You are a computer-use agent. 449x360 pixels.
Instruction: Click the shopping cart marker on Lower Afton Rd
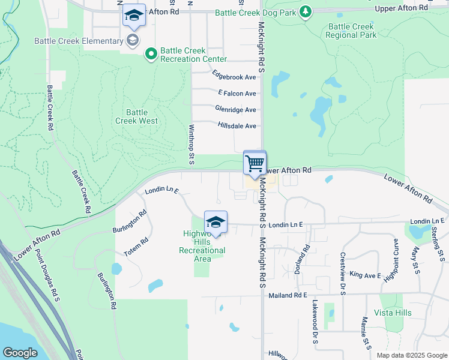(255, 163)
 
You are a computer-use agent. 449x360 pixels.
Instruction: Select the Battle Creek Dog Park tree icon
(306, 11)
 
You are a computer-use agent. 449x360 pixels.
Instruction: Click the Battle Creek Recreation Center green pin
(150, 55)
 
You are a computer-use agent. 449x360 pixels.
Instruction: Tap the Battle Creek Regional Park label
(351, 31)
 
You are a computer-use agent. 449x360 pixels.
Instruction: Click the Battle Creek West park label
(137, 116)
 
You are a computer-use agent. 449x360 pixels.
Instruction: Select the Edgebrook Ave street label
(234, 77)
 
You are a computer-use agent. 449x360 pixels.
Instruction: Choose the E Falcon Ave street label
(237, 94)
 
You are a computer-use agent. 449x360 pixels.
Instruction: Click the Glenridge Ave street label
(235, 110)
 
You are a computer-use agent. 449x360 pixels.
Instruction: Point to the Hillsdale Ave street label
(237, 126)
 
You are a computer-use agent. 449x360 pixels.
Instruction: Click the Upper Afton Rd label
(401, 8)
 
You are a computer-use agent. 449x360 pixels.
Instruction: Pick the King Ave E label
(365, 275)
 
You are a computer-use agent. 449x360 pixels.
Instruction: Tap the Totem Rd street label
(136, 248)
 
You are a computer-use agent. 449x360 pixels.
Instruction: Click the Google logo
(20, 353)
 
